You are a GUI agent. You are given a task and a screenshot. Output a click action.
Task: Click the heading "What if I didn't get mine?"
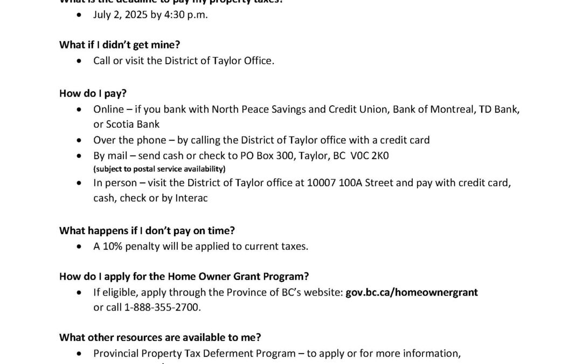click(117, 45)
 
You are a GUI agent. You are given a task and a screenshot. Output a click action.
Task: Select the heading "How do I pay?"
click(93, 93)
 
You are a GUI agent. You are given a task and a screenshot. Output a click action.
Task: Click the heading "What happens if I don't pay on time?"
click(147, 230)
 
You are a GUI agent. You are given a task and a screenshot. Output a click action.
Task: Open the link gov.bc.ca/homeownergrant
click(412, 292)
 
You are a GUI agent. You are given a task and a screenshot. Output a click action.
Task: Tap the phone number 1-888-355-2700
click(162, 307)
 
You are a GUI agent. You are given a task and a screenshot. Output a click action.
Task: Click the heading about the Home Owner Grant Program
click(184, 277)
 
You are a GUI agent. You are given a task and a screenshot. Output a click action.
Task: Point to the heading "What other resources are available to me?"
click(160, 338)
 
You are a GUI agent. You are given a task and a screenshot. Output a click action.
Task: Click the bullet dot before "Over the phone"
click(80, 140)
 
